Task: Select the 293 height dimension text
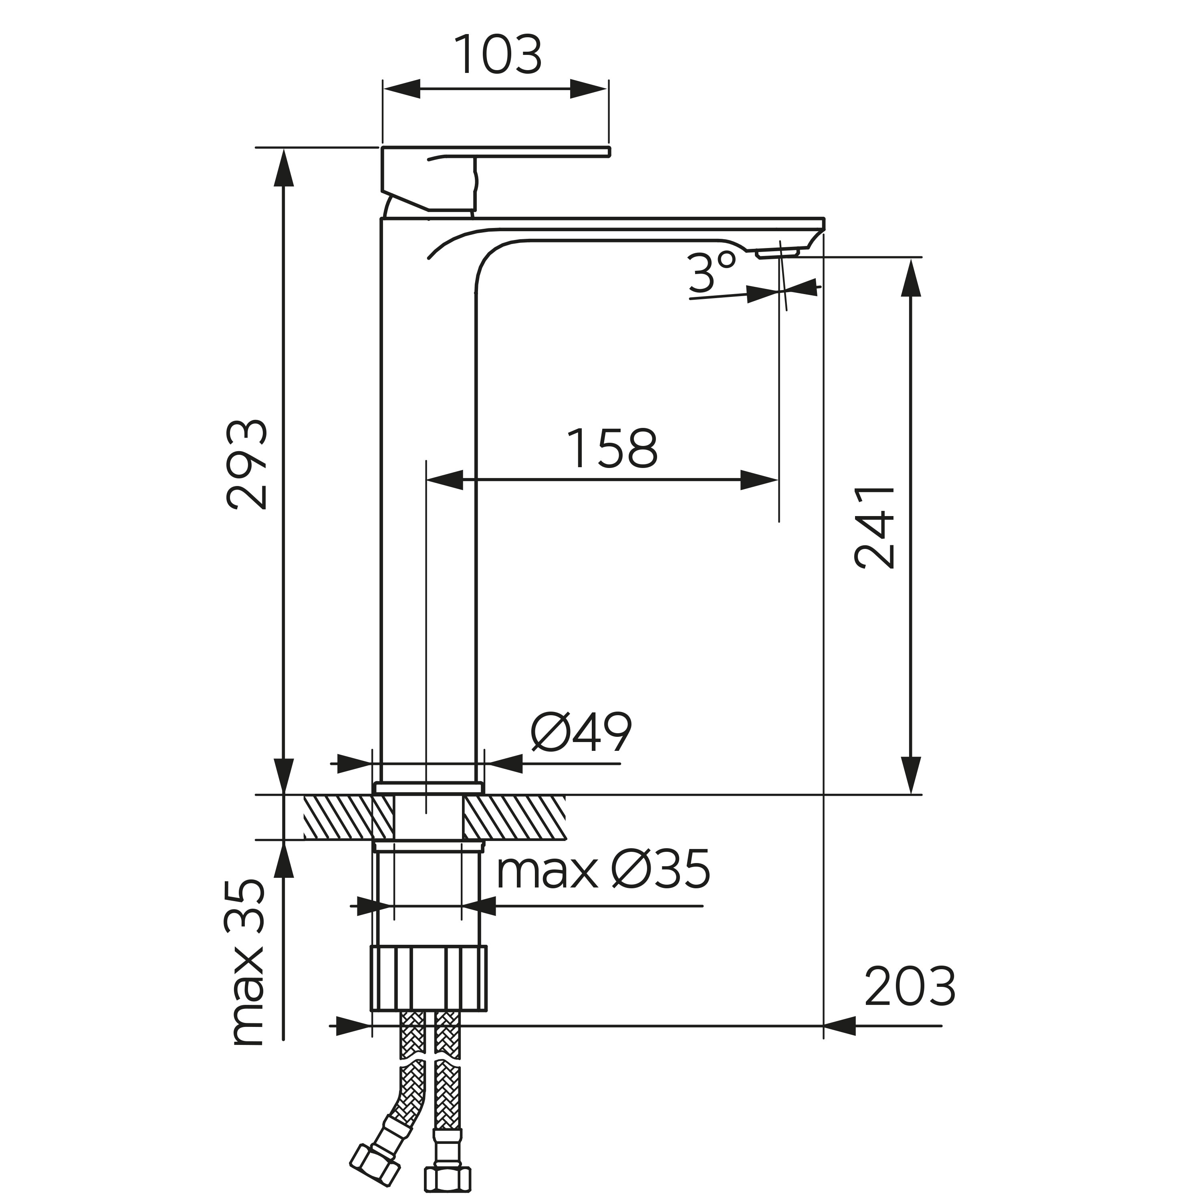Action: click(247, 465)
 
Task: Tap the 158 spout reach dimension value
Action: click(613, 449)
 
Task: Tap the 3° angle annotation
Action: click(712, 272)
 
